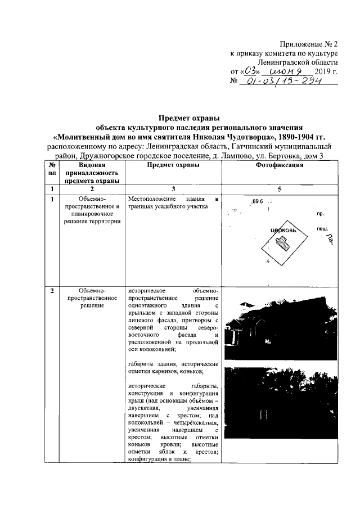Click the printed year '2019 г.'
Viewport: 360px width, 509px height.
click(327, 72)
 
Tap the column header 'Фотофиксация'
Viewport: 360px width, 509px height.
click(280, 165)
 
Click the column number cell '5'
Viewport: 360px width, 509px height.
click(280, 190)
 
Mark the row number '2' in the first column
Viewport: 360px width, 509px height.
click(52, 291)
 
